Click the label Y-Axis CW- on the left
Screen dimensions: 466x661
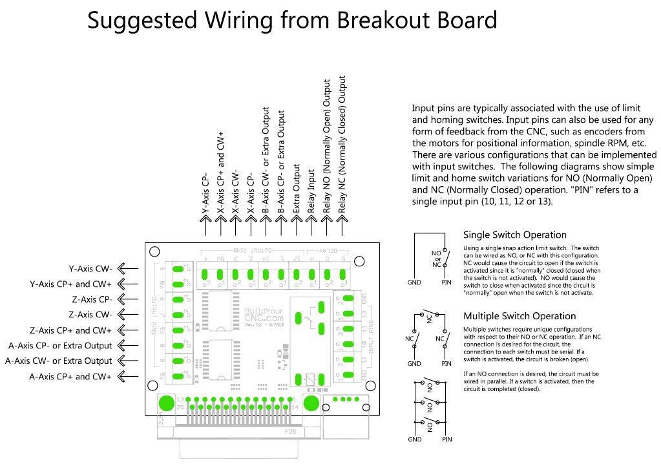pyautogui.click(x=90, y=268)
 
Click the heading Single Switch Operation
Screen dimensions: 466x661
pyautogui.click(x=514, y=235)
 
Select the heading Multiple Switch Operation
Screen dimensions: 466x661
pyautogui.click(x=519, y=316)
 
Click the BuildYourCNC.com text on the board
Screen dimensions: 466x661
pyautogui.click(x=264, y=315)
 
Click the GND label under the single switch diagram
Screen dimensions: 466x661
pyautogui.click(x=414, y=282)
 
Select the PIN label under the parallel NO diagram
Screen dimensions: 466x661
pyautogui.click(x=446, y=440)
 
